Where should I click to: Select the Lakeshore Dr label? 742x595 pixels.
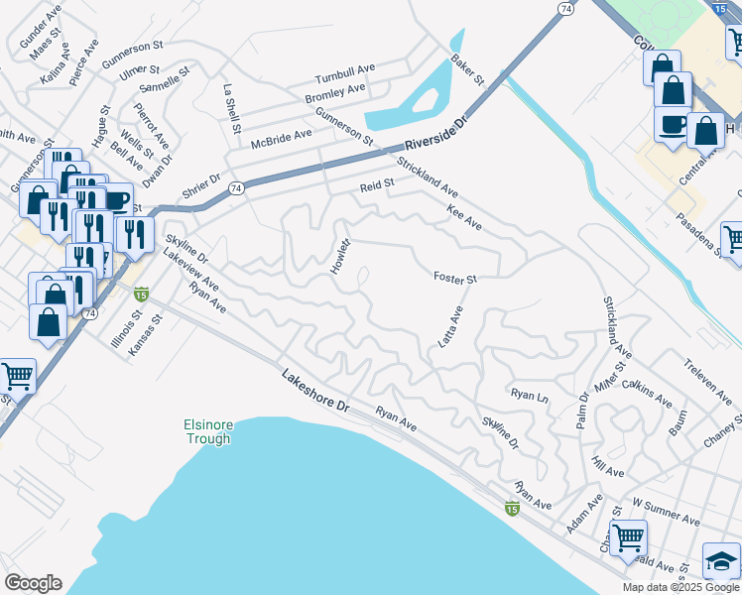pyautogui.click(x=315, y=392)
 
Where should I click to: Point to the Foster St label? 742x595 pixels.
pyautogui.click(x=455, y=278)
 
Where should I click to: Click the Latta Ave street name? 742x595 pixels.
pyautogui.click(x=451, y=327)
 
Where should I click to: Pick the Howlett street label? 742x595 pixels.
pyautogui.click(x=341, y=258)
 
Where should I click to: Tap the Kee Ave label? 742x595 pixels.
pyautogui.click(x=464, y=218)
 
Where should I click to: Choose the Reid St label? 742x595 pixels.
pyautogui.click(x=377, y=183)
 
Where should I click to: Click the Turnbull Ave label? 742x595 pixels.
pyautogui.click(x=345, y=78)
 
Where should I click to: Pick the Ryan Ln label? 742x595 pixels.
pyautogui.click(x=530, y=395)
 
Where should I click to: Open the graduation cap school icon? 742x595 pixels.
pyautogui.click(x=721, y=560)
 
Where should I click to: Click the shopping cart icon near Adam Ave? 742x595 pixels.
pyautogui.click(x=628, y=537)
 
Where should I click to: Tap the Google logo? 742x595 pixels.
pyautogui.click(x=33, y=583)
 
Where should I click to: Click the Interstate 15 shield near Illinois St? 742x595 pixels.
pyautogui.click(x=141, y=294)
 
